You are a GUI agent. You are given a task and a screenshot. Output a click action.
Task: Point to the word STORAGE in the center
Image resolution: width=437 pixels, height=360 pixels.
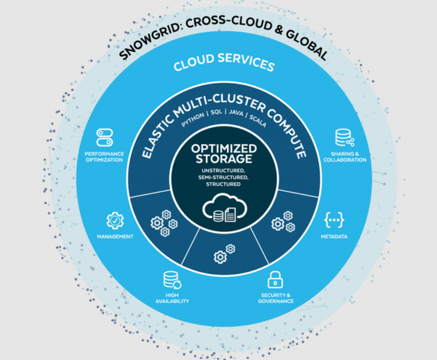tap(223, 159)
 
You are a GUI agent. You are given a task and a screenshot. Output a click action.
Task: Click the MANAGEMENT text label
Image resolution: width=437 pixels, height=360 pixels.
tap(115, 236)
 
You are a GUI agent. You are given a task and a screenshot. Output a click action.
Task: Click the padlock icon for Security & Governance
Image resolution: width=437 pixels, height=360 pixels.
tap(276, 280)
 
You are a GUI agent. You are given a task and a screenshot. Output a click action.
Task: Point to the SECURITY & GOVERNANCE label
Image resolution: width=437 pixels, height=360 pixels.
tap(276, 298)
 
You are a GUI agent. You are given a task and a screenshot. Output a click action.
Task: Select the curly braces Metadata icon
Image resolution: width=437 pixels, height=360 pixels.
tap(334, 220)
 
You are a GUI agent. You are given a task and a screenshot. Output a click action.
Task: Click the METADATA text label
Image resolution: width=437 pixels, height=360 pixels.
tap(334, 236)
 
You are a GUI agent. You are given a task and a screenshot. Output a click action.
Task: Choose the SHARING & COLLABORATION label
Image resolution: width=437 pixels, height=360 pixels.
tap(345, 157)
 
